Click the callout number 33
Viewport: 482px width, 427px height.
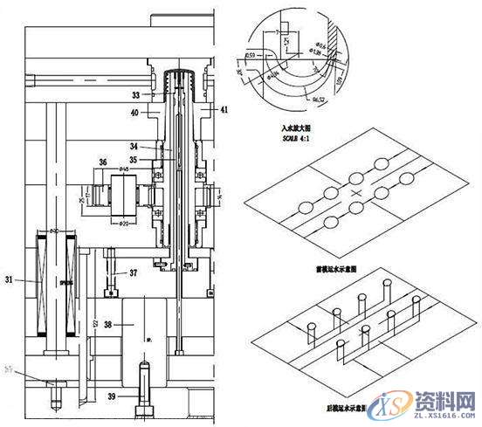[135, 94]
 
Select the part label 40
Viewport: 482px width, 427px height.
[135, 113]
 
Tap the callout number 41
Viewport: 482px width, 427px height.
[225, 110]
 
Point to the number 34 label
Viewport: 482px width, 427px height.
[135, 146]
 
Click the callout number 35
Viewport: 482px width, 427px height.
[135, 160]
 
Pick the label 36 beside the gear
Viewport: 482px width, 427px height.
[103, 162]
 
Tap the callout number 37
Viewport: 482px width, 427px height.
[132, 272]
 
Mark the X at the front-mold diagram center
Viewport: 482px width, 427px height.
[355, 191]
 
